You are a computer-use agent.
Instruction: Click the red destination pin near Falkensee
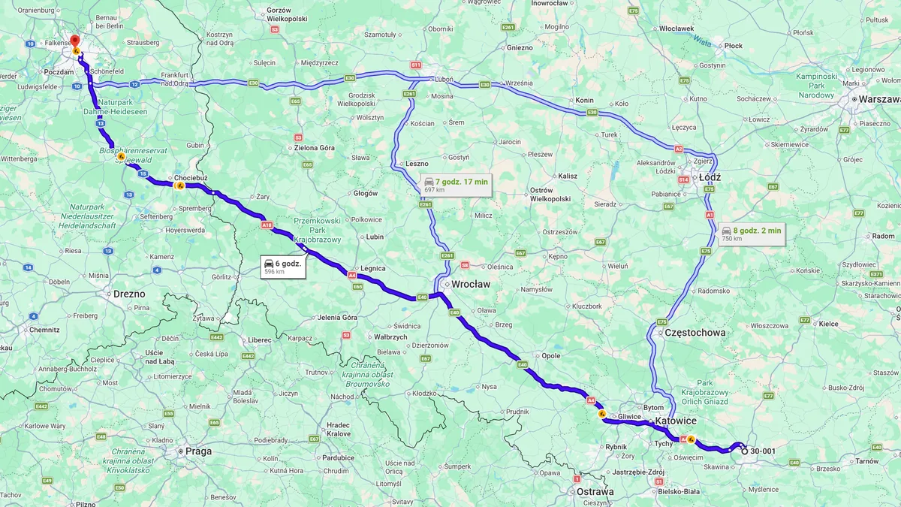pyautogui.click(x=74, y=40)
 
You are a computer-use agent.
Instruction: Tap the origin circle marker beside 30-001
pyautogui.click(x=744, y=451)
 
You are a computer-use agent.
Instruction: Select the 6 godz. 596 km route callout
pyautogui.click(x=283, y=267)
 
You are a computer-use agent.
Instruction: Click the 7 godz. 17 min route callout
pyautogui.click(x=456, y=185)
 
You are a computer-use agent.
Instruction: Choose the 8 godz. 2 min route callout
pyautogui.click(x=751, y=234)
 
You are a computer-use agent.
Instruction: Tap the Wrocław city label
pyautogui.click(x=471, y=285)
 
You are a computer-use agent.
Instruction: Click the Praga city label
pyautogui.click(x=199, y=451)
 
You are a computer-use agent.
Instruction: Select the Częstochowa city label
pyautogui.click(x=695, y=332)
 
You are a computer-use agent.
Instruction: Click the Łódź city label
pyautogui.click(x=710, y=178)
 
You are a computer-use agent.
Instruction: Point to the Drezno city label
pyautogui.click(x=129, y=294)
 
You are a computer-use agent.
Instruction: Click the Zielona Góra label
pyautogui.click(x=314, y=148)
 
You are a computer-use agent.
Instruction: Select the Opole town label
pyautogui.click(x=551, y=355)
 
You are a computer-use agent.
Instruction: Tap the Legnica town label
pyautogui.click(x=372, y=268)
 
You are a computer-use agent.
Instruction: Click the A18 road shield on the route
pyautogui.click(x=267, y=225)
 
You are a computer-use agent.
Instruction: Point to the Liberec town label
pyautogui.click(x=259, y=340)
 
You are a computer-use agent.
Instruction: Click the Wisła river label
pyautogui.click(x=701, y=39)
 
